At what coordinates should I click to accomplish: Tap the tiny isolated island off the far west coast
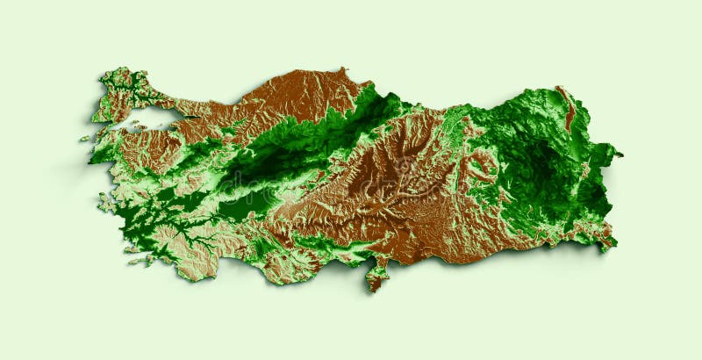[85, 139]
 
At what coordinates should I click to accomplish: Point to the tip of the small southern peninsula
[372, 288]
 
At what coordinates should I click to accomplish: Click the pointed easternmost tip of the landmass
[620, 155]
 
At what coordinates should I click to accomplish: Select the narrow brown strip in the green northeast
[568, 110]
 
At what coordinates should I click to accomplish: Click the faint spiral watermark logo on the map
[405, 167]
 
